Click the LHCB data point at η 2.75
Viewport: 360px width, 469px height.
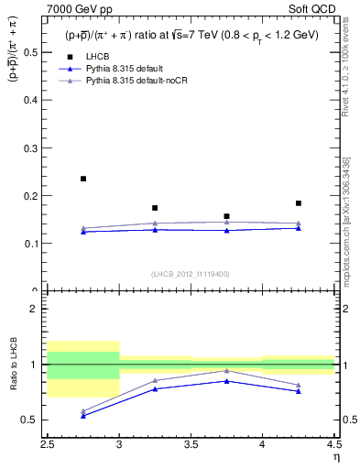point(83,179)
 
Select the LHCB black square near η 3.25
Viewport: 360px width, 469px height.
point(155,208)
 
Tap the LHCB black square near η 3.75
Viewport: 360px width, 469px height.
point(226,216)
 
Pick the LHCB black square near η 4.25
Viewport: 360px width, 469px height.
point(299,203)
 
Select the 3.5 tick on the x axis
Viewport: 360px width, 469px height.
point(191,444)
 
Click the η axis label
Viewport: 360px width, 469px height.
point(335,456)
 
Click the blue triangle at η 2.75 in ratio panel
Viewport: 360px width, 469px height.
point(83,416)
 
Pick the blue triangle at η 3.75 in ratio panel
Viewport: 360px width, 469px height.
point(226,381)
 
